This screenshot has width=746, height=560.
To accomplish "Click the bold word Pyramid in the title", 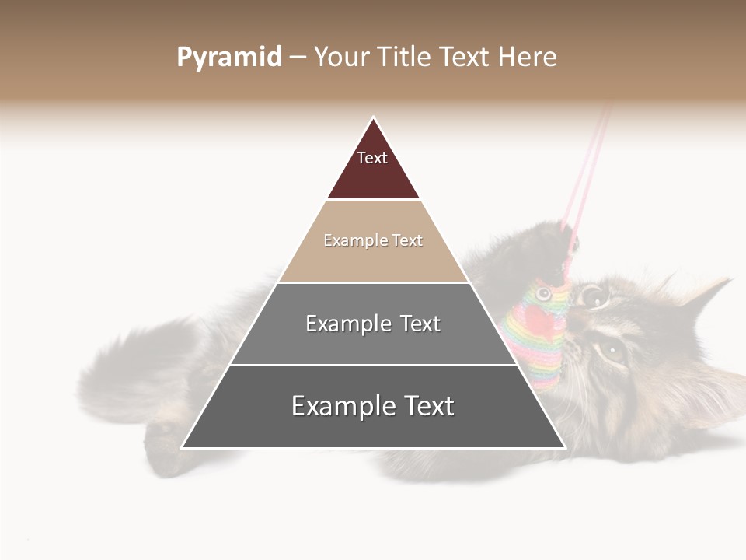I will point(228,58).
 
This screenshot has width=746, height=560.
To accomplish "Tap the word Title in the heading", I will point(408,58).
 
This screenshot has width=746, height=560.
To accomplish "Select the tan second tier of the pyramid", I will point(373,261).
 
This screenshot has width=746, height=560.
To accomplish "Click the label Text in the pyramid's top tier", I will point(372,158).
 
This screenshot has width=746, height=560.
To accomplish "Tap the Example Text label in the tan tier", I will point(373,240).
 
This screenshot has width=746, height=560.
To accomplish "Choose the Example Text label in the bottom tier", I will point(373,406).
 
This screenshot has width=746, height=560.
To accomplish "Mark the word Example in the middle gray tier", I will point(341,324).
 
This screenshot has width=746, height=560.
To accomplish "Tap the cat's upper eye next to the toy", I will point(594,295).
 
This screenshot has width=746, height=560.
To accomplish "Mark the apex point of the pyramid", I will point(373,118).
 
